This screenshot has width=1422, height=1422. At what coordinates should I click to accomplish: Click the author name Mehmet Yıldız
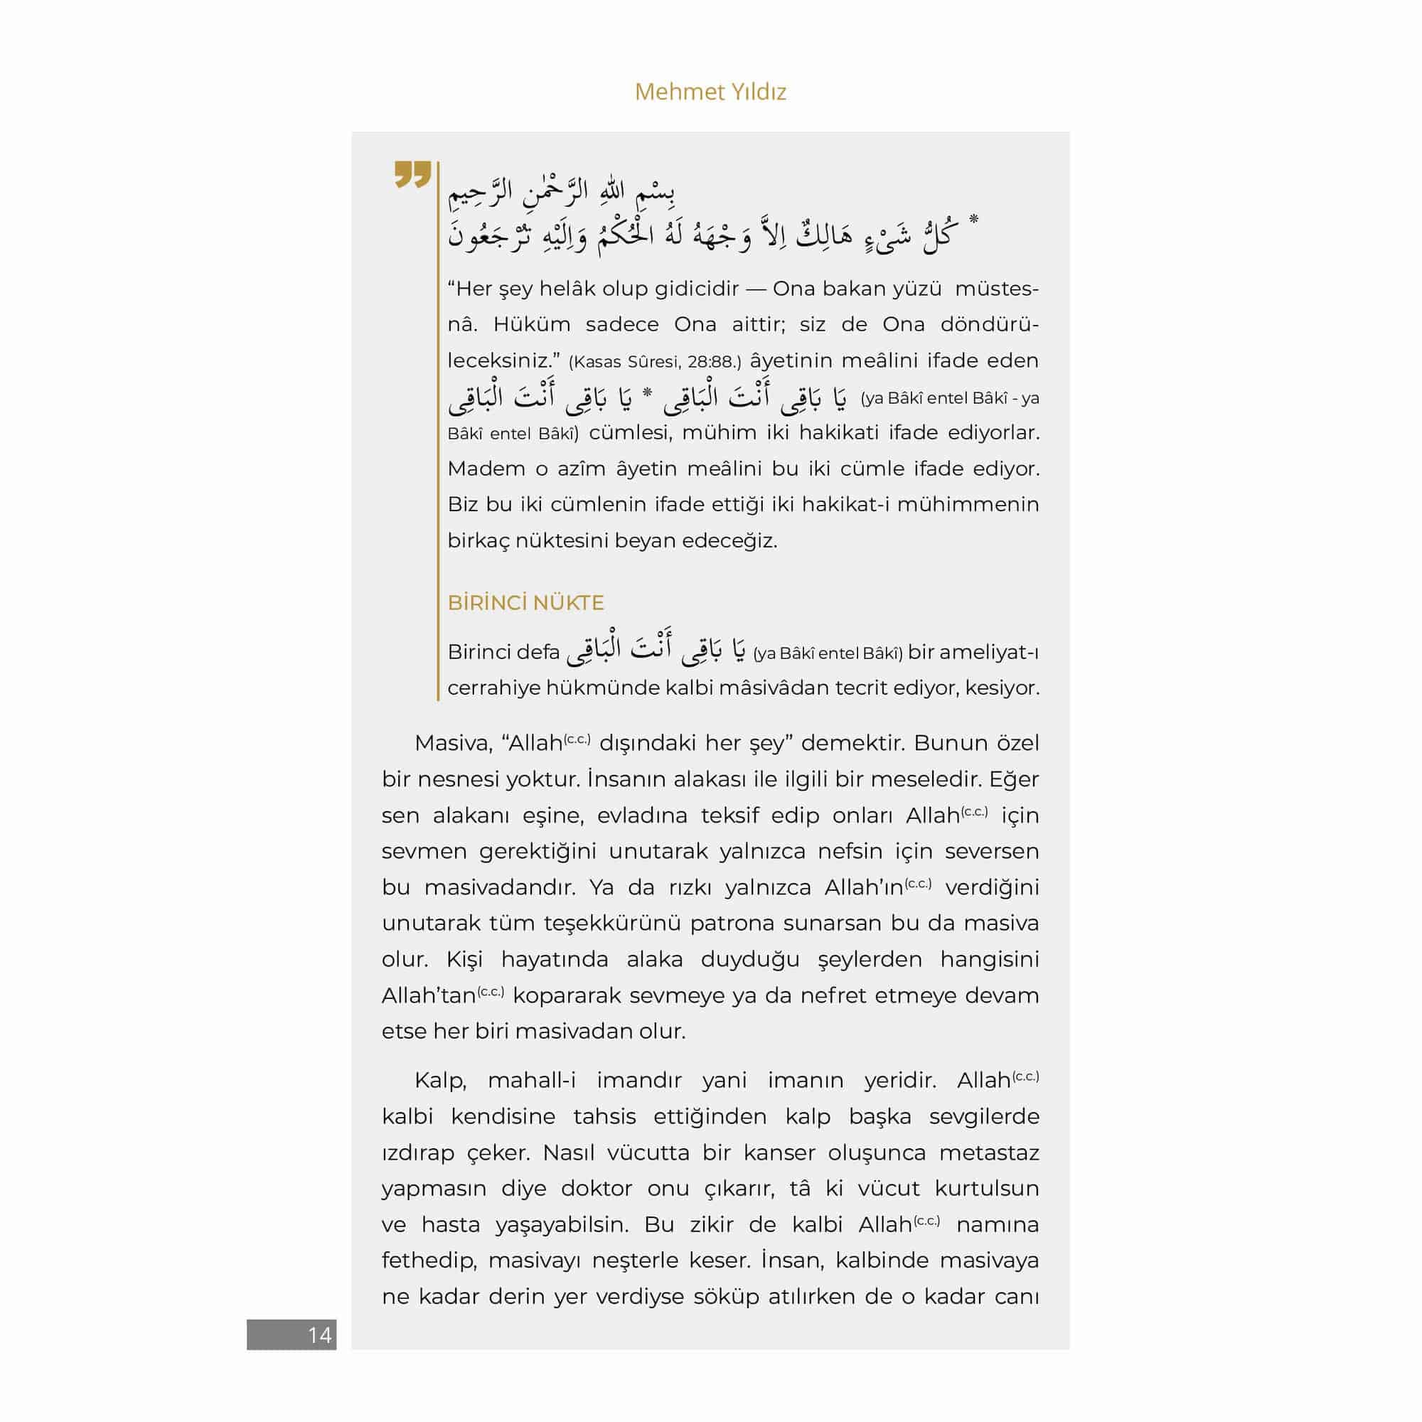click(710, 92)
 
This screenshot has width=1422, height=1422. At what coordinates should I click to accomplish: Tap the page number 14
click(319, 1335)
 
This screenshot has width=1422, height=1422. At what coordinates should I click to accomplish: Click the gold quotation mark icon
click(412, 174)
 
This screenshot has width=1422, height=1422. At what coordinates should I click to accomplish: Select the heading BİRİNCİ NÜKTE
click(525, 603)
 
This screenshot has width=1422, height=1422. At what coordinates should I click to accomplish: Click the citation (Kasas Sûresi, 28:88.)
click(655, 362)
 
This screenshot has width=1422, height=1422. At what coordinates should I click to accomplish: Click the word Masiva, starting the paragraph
click(453, 743)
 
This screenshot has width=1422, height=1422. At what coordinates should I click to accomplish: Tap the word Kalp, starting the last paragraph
click(441, 1081)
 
